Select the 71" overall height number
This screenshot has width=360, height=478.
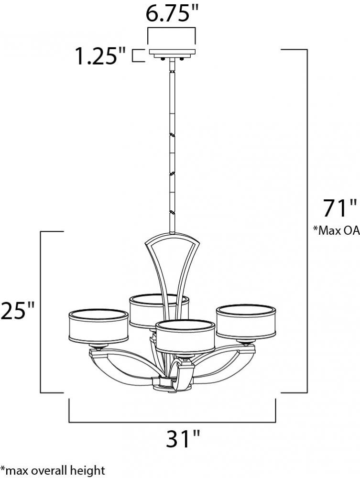point(339,208)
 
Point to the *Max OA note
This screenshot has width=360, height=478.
point(337,230)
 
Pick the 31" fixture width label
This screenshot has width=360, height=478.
point(183,438)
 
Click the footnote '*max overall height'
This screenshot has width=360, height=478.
point(53,470)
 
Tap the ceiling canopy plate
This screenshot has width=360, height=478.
point(172,53)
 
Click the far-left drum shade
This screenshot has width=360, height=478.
point(98,326)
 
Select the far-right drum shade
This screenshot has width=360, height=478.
point(246,321)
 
